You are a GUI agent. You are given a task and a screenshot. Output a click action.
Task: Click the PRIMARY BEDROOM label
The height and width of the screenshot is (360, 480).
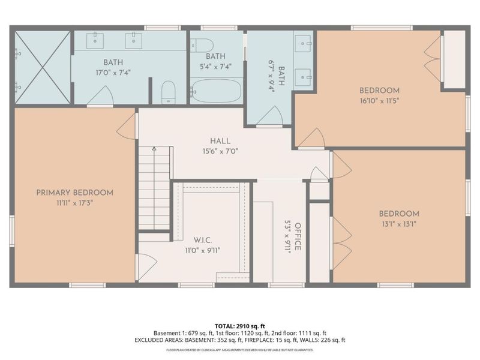click(x=74, y=193)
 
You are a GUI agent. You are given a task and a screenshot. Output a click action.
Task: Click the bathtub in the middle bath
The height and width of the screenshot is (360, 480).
click(x=216, y=91)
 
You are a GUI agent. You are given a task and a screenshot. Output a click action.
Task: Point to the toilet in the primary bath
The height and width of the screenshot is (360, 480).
click(x=169, y=93)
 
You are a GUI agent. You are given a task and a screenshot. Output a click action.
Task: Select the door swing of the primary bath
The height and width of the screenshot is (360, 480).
click(x=100, y=96)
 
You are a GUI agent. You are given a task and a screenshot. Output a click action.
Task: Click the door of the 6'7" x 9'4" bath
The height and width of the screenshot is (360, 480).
click(x=269, y=116)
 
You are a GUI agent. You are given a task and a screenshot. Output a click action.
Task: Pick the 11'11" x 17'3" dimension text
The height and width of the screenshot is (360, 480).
click(x=74, y=203)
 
